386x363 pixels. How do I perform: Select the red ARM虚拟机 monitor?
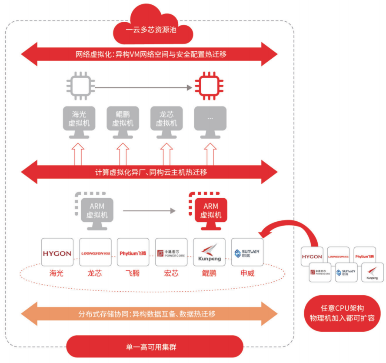pyautogui.click(x=211, y=210)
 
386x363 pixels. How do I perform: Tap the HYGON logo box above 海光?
pyautogui.click(x=57, y=252)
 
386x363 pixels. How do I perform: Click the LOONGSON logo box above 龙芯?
pyautogui.click(x=95, y=252)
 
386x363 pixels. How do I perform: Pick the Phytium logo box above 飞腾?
pyautogui.click(x=133, y=252)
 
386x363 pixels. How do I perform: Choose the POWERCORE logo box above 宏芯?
pyautogui.click(x=171, y=252)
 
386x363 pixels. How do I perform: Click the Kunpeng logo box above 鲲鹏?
pyautogui.click(x=209, y=252)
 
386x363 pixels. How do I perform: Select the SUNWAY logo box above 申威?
pyautogui.click(x=247, y=252)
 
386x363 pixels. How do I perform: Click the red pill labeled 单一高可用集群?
pyautogui.click(x=154, y=347)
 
